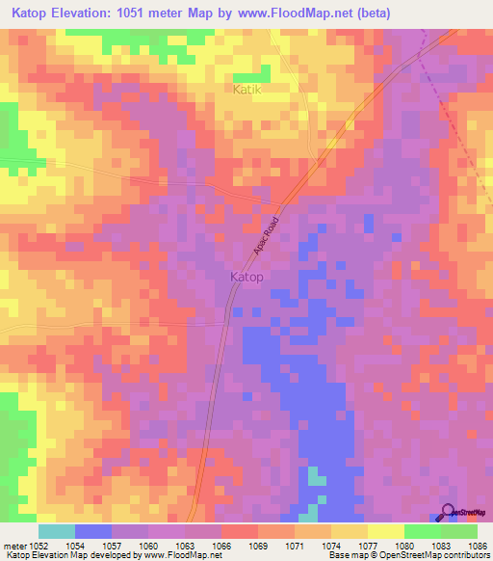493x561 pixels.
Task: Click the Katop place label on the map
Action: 247,277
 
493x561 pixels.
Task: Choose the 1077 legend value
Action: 369,546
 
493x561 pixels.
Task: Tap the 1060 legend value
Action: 149,546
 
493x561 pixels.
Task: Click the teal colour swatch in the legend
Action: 57,531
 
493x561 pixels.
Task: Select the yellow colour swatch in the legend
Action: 385,531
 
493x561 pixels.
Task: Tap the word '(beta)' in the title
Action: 370,13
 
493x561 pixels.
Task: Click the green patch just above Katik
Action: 252,75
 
